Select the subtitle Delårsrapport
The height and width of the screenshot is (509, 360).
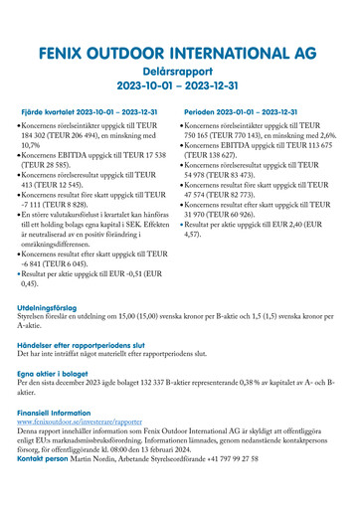pos(179,73)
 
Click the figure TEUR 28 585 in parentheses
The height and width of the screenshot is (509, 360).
pos(51,165)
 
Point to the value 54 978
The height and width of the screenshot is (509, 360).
pos(202,175)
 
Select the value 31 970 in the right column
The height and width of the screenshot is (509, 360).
pos(202,214)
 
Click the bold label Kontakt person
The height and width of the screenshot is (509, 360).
pos(46,460)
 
